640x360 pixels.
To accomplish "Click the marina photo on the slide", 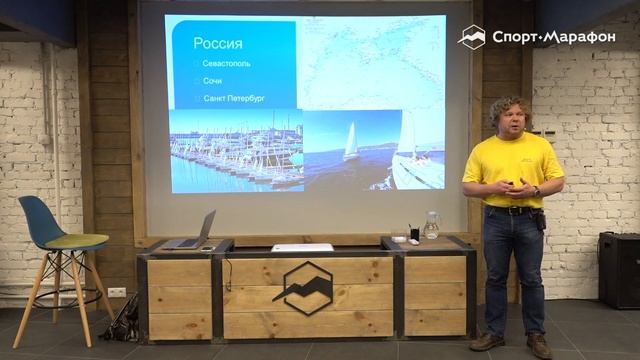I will pyautogui.click(x=235, y=150).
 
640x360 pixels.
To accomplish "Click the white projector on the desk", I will pyautogui.click(x=302, y=247).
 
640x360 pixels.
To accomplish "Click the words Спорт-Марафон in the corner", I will pyautogui.click(x=553, y=38).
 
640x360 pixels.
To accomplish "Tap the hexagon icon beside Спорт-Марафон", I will pyautogui.click(x=472, y=37).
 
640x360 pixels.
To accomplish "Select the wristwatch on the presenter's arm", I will pyautogui.click(x=536, y=191).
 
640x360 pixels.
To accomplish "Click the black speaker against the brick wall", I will pyautogui.click(x=618, y=269).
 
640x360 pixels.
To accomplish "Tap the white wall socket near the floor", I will pyautogui.click(x=117, y=292).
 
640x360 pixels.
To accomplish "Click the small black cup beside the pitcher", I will pyautogui.click(x=414, y=233).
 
